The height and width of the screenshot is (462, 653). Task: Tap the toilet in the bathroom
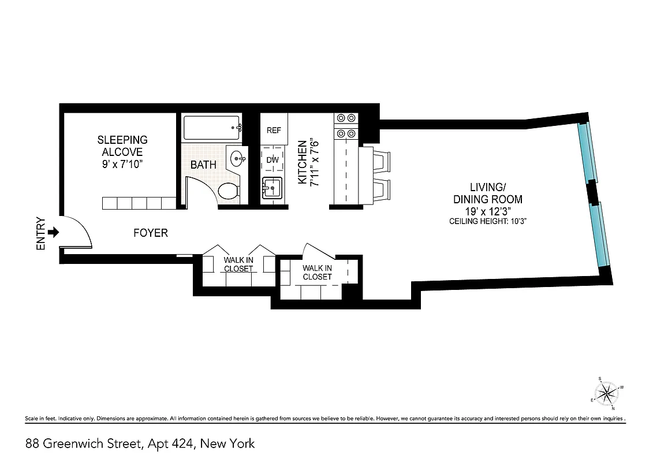pos(229,191)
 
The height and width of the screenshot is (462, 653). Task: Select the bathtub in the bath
pos(211,128)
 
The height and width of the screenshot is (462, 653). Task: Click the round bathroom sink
pos(236,157)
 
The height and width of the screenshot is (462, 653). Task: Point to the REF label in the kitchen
pos(274,131)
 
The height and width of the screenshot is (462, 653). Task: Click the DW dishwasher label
pos(273,160)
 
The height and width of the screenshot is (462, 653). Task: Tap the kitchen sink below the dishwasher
pos(272,188)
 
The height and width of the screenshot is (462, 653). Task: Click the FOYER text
pos(150,233)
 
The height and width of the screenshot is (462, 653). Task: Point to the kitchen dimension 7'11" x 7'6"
pos(308,161)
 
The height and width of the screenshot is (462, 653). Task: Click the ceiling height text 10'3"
pos(488,221)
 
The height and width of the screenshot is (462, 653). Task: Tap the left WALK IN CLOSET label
pos(238,264)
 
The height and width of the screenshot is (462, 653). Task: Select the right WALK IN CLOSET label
pos(317,272)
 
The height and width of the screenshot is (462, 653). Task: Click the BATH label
pos(203,165)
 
